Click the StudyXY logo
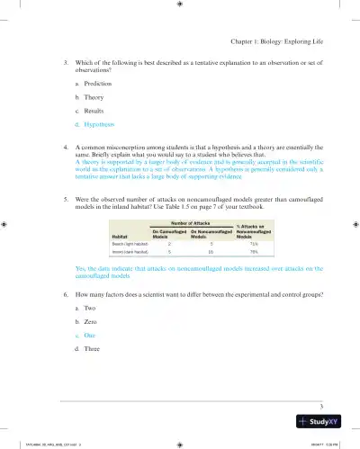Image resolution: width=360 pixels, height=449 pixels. tap(325, 422)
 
